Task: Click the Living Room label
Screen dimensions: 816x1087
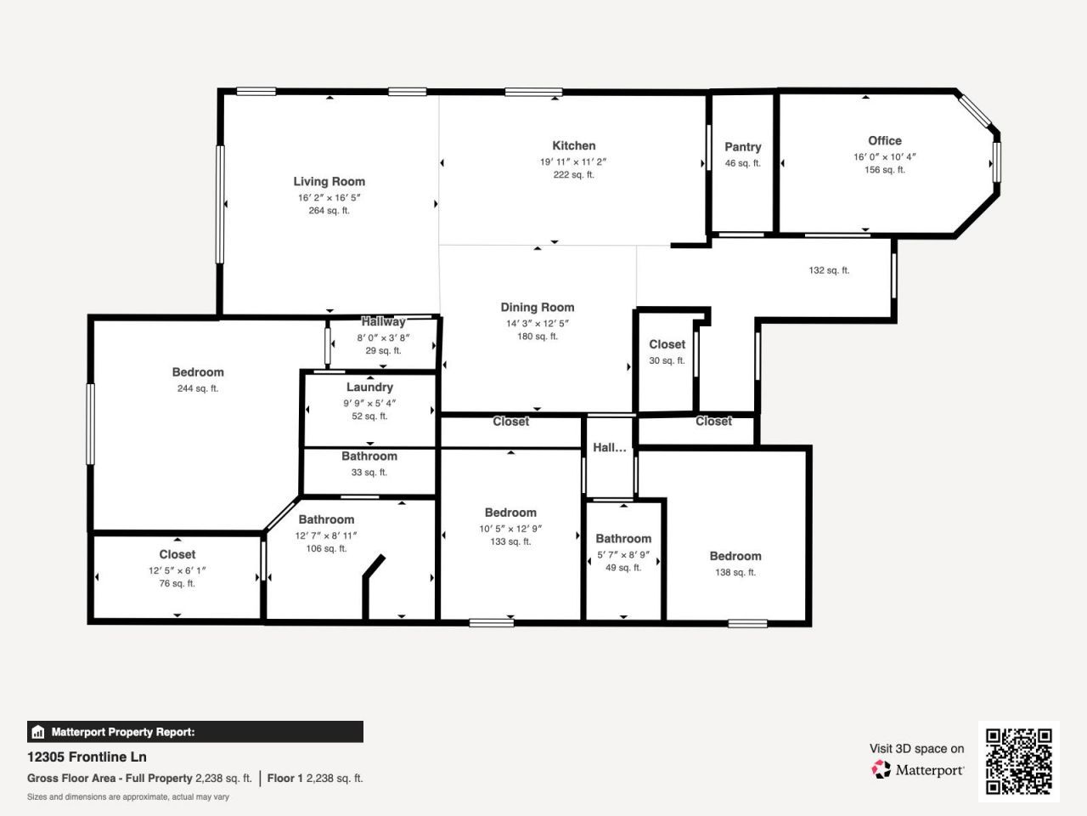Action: pos(329,181)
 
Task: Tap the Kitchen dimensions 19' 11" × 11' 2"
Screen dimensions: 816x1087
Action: pos(573,161)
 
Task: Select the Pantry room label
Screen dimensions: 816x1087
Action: pos(742,147)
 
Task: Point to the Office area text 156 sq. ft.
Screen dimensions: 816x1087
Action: pos(884,170)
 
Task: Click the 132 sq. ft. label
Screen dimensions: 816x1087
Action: pos(829,270)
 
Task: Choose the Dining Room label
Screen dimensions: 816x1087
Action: pos(537,307)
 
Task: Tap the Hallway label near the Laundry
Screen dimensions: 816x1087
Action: pos(383,321)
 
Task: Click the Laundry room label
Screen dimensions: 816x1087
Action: pos(369,387)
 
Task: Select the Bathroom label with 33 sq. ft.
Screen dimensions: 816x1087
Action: pos(369,456)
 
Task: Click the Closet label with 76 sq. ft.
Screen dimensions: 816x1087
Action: pos(177,554)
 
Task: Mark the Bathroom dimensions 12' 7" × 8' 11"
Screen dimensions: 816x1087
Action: pos(326,535)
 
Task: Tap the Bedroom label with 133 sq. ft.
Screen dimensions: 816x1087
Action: pos(510,513)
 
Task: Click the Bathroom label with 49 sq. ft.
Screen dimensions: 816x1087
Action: pos(623,538)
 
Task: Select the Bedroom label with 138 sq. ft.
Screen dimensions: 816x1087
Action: pos(735,556)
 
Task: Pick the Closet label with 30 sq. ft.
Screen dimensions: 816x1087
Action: pos(667,344)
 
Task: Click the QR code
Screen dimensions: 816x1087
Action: pos(1018,761)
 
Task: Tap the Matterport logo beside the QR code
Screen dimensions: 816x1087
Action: pos(918,770)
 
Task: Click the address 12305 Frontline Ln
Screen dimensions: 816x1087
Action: pos(87,756)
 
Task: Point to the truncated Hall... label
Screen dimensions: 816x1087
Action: pos(609,447)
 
